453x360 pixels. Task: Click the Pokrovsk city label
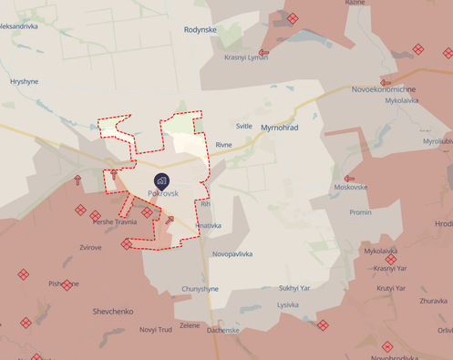pyautogui.click(x=162, y=193)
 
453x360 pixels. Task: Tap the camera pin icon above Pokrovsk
pyautogui.click(x=161, y=180)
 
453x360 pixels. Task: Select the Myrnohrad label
pyautogui.click(x=279, y=128)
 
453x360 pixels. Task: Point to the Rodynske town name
pyautogui.click(x=201, y=29)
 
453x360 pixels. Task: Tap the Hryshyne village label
pyautogui.click(x=25, y=81)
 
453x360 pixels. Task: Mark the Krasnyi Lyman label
pyautogui.click(x=246, y=57)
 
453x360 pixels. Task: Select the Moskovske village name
pyautogui.click(x=351, y=187)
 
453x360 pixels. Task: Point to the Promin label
pyautogui.click(x=360, y=212)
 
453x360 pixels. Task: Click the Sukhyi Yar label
pyautogui.click(x=294, y=288)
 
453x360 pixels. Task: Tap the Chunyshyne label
pyautogui.click(x=200, y=289)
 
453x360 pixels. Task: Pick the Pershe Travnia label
pyautogui.click(x=115, y=221)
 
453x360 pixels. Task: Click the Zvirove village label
pyautogui.click(x=90, y=247)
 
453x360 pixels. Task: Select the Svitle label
pyautogui.click(x=244, y=127)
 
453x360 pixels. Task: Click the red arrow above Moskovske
pyautogui.click(x=349, y=178)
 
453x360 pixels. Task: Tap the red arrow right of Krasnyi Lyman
pyautogui.click(x=263, y=53)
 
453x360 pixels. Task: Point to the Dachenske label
pyautogui.click(x=222, y=330)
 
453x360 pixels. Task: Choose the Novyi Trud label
pyautogui.click(x=155, y=329)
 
